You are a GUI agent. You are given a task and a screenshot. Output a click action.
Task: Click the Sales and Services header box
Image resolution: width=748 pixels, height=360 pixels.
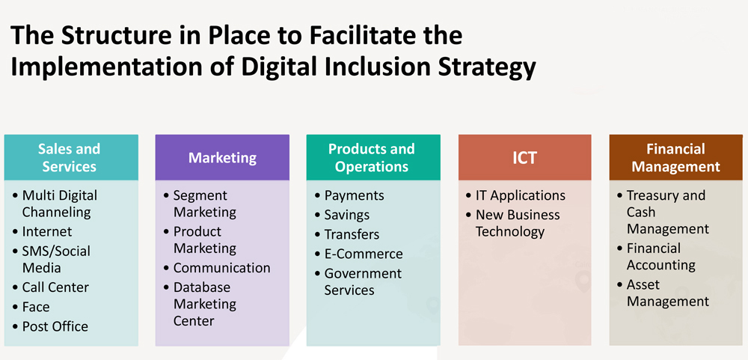point(71,157)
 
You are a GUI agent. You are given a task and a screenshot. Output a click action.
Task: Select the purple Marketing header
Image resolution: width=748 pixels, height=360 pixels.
point(222,157)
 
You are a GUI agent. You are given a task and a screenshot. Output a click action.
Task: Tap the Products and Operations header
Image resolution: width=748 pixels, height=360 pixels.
point(373,157)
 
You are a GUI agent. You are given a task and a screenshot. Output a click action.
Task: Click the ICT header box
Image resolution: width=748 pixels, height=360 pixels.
point(525,157)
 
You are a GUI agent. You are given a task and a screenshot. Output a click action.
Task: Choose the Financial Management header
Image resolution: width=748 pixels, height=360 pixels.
point(676,157)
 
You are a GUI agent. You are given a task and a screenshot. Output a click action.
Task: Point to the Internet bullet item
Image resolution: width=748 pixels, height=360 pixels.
point(46,231)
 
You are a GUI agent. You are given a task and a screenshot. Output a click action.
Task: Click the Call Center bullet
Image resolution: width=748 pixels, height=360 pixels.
point(55,287)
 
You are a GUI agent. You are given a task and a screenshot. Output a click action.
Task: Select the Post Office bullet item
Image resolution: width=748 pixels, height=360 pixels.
point(55,326)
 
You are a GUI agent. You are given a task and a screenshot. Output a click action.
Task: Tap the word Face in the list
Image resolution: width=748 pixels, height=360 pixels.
point(36,307)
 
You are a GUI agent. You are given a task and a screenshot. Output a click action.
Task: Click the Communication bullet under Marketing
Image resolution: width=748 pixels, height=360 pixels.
point(222,268)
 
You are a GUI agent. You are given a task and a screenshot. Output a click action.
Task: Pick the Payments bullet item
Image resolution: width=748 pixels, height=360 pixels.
point(354,195)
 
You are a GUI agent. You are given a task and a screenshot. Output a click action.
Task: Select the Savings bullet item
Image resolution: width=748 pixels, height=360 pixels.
point(347,215)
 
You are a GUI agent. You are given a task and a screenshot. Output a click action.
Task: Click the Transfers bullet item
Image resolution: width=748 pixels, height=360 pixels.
point(352,234)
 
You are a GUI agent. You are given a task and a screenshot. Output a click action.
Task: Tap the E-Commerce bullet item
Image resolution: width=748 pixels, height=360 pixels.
point(364,254)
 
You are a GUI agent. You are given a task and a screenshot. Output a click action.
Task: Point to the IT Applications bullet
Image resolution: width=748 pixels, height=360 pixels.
point(521,195)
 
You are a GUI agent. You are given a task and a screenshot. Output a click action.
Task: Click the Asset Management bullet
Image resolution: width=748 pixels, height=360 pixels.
point(668,293)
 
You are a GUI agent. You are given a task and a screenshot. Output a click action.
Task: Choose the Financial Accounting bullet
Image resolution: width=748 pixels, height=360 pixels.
point(661,257)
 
